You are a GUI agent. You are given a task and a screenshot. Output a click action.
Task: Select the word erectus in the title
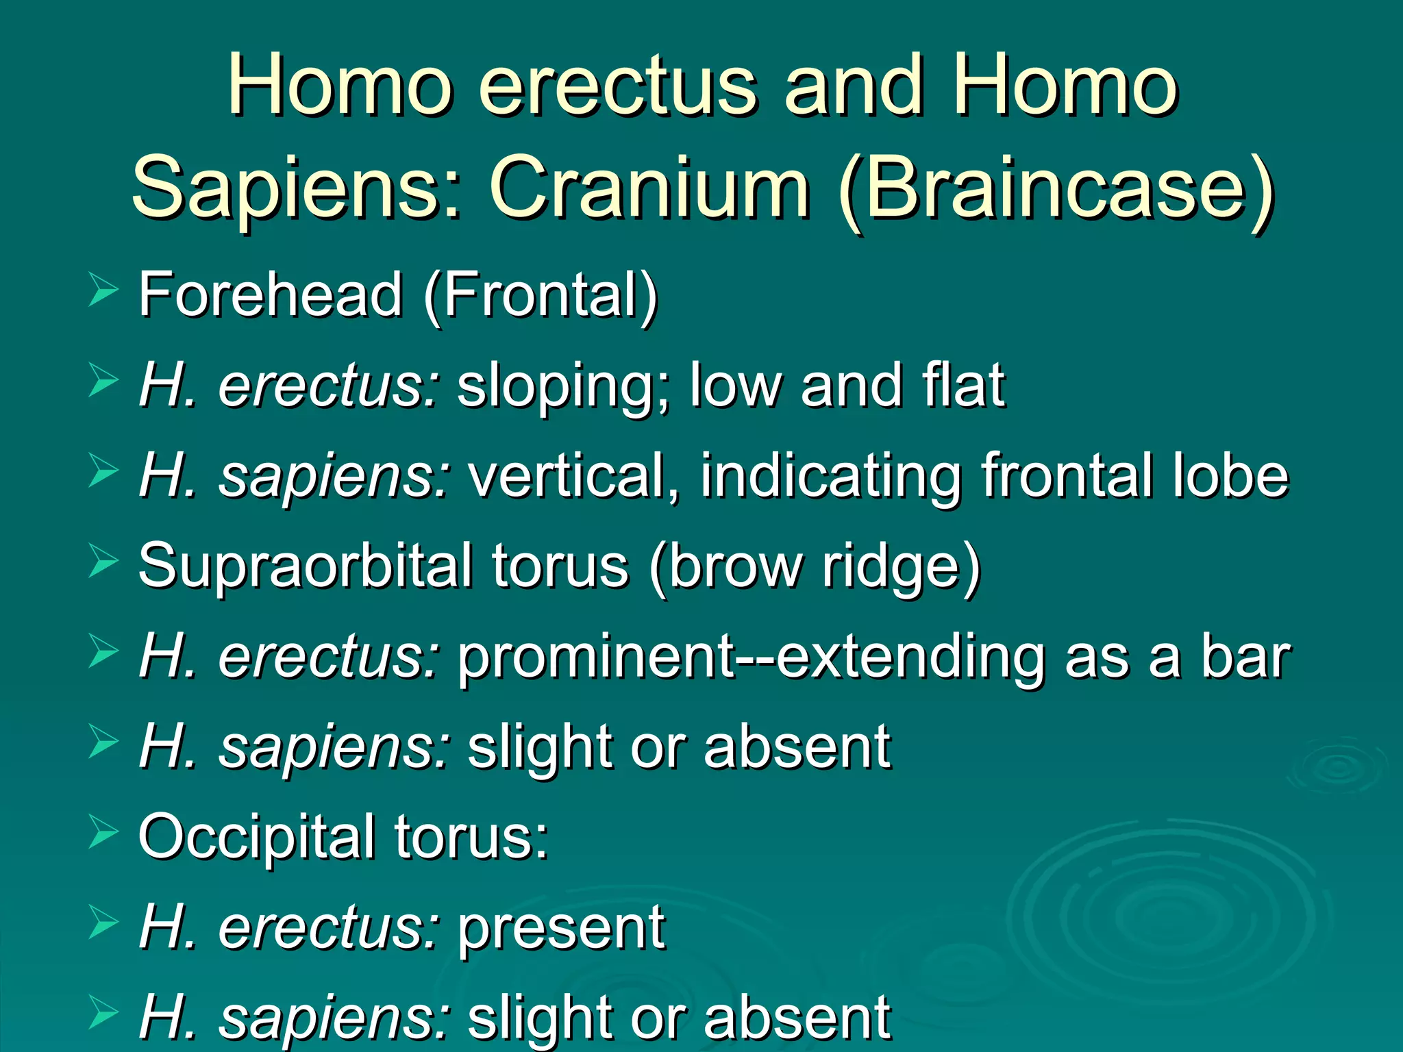(x=617, y=86)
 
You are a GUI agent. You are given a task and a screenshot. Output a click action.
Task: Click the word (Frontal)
(x=541, y=295)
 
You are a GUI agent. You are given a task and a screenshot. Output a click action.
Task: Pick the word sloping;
(x=564, y=387)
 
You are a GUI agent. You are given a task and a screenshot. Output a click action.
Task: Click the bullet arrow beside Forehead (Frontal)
(x=103, y=290)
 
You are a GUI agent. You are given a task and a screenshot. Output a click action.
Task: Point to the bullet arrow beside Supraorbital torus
(x=103, y=562)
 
